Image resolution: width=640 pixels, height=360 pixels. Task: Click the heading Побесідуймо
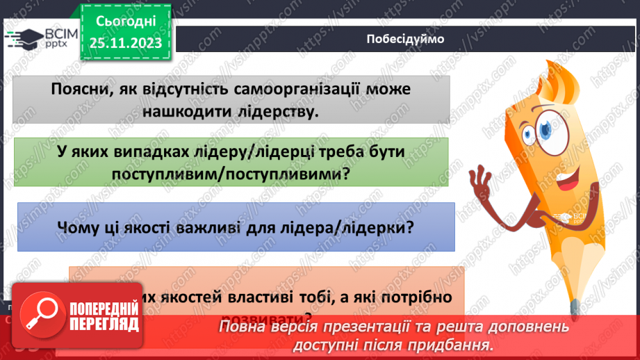pyautogui.click(x=404, y=39)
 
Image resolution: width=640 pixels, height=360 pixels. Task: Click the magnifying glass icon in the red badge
pyautogui.click(x=40, y=311)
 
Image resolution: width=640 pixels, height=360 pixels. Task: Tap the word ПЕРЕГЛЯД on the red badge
pyautogui.click(x=103, y=324)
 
